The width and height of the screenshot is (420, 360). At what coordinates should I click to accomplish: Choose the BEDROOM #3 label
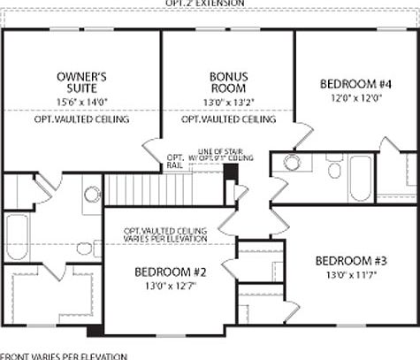(350, 262)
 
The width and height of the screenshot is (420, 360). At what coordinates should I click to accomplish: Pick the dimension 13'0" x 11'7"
(350, 275)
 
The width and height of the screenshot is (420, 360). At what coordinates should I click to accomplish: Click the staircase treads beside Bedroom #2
(133, 188)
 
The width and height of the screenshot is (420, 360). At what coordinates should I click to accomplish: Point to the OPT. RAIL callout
(174, 162)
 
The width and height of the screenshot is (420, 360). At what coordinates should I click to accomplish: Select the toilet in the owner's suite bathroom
(92, 195)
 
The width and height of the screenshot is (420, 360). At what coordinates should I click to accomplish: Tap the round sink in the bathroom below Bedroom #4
(291, 163)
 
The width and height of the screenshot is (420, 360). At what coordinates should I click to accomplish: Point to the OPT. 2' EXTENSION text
(210, 4)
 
